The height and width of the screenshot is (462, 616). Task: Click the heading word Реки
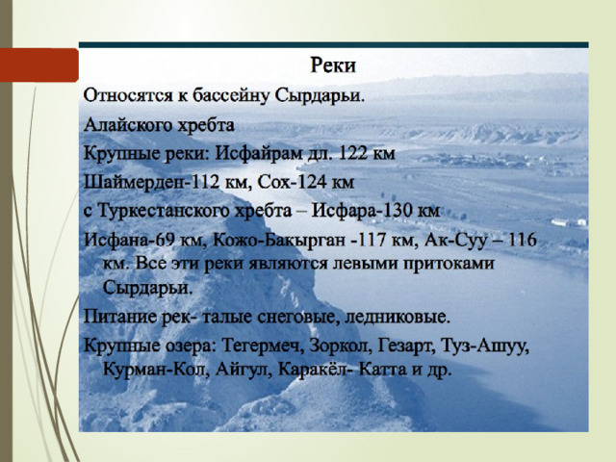coord(333,65)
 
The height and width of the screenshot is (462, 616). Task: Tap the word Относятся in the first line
coord(126,95)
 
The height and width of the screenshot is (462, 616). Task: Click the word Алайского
coord(128,125)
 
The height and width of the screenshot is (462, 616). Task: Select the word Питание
coord(119,317)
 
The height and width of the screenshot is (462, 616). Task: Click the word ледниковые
coord(397,318)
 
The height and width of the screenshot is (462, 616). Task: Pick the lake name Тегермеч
coord(263,346)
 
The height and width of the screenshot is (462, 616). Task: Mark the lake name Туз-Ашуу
coord(485,346)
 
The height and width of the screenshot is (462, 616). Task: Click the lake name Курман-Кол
coord(155,370)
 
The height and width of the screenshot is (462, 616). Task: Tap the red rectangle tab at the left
coord(39,64)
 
